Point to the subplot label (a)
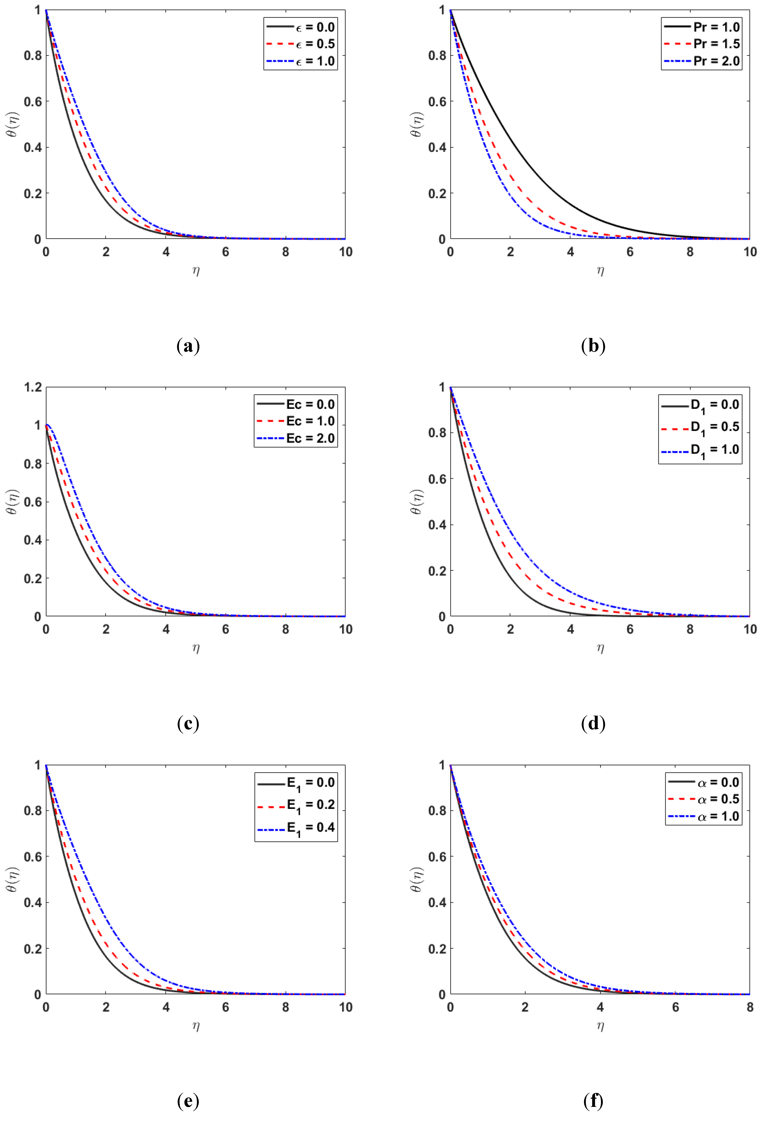[x=188, y=346]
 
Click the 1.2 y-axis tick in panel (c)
[x=33, y=387]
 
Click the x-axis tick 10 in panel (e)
[x=345, y=1007]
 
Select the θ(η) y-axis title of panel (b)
[x=417, y=125]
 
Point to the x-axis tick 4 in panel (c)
[x=166, y=629]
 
